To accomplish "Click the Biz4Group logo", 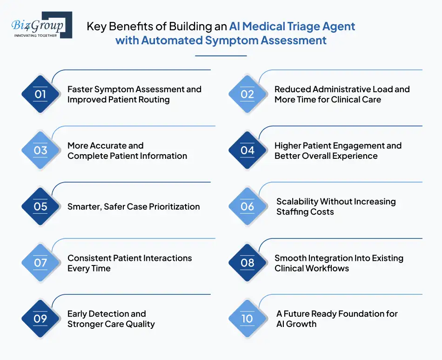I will tap(41, 25).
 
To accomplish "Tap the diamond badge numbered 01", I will tap(40, 94).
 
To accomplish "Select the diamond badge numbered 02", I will tap(247, 94).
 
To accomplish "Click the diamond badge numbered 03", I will tap(40, 150).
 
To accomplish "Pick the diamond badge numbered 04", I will tap(247, 150).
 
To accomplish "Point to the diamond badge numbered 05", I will tap(40, 206).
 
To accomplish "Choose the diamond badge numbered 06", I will tap(247, 206).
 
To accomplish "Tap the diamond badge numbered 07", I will tap(40, 263).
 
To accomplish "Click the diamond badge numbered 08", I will tap(247, 263).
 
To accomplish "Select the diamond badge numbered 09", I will tap(40, 319).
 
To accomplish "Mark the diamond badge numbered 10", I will tap(247, 319).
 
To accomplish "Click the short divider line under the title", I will tap(221, 56).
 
